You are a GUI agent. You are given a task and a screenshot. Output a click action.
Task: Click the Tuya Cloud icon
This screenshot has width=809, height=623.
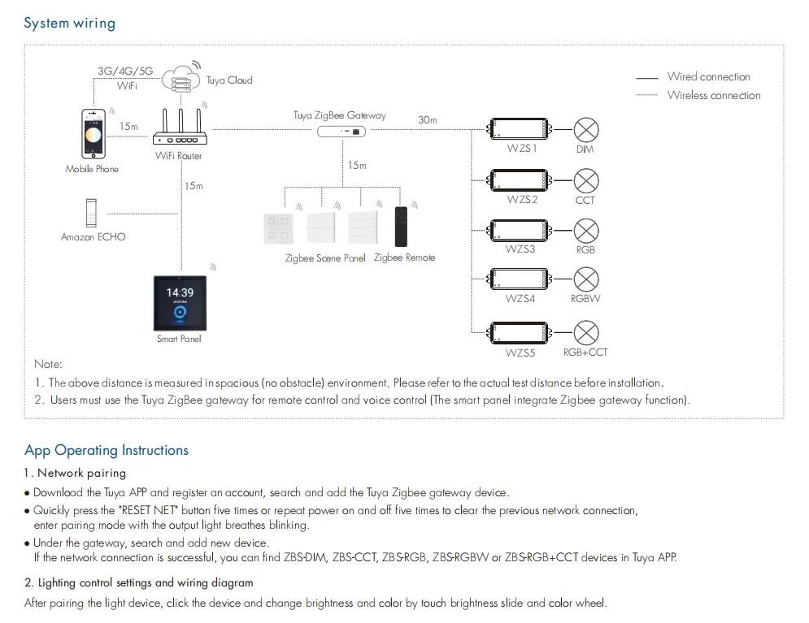(x=181, y=77)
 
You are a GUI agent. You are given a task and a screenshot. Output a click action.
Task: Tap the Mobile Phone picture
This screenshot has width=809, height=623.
(x=94, y=134)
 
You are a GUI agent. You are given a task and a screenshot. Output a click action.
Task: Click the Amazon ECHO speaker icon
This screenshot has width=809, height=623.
(x=91, y=213)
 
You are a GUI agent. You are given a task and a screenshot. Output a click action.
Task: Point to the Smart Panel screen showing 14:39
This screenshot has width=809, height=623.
(x=180, y=303)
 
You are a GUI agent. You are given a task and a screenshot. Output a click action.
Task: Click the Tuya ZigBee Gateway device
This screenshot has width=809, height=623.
(x=341, y=132)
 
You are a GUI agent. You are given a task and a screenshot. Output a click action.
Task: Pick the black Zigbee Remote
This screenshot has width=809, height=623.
(x=401, y=227)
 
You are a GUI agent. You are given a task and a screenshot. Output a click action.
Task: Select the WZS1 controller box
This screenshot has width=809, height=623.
(x=520, y=129)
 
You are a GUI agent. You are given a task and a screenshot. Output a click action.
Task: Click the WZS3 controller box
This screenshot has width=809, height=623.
(x=520, y=231)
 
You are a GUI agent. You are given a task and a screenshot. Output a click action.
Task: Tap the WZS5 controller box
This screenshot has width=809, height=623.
(x=520, y=333)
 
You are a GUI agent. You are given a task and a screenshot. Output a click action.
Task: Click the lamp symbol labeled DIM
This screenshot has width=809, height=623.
(x=586, y=130)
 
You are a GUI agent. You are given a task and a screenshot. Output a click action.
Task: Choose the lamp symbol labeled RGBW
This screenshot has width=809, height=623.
(x=586, y=279)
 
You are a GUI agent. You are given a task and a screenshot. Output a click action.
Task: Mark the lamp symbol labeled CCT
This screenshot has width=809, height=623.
(x=586, y=181)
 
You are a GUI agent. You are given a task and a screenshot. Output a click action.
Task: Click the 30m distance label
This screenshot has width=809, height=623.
(x=428, y=120)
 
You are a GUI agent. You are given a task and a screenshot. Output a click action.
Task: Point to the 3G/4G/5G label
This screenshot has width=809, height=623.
(x=125, y=71)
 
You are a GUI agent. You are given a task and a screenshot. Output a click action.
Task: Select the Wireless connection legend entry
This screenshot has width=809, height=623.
(x=698, y=95)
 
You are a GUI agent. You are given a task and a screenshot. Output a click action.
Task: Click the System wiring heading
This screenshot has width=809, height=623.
(x=70, y=24)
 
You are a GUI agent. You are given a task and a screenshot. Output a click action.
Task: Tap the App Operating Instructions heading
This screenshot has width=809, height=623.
(x=107, y=450)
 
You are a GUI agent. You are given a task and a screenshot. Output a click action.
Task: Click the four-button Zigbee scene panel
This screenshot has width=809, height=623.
(x=279, y=228)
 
